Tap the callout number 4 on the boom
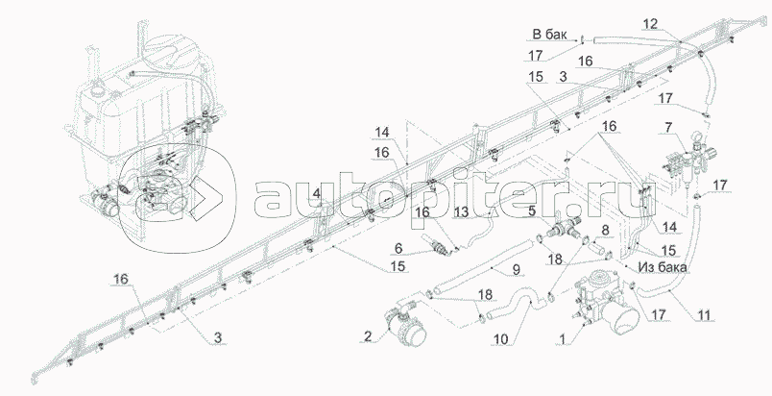pos(316,194)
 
